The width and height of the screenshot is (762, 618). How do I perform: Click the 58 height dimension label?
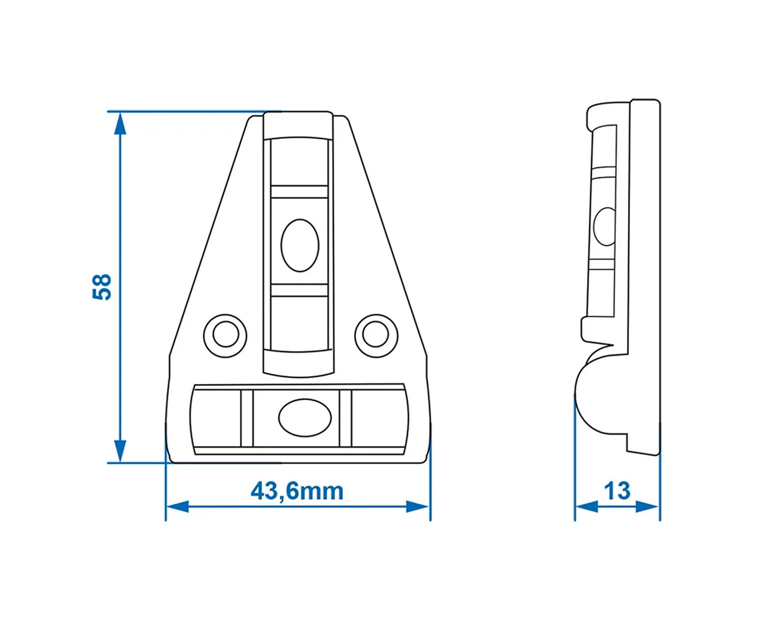102,287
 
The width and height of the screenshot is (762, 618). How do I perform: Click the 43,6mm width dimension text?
297,491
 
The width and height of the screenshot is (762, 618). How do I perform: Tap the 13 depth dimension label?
617,491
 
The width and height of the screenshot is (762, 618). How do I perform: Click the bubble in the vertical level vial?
300,245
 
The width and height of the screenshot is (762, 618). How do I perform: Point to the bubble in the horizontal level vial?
305,417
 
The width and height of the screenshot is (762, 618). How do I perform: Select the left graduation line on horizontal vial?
247,418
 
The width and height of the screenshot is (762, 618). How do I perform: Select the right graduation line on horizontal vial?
345,418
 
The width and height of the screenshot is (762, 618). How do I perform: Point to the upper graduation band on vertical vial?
299,192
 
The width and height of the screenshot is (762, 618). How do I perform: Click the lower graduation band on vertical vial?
299,290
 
